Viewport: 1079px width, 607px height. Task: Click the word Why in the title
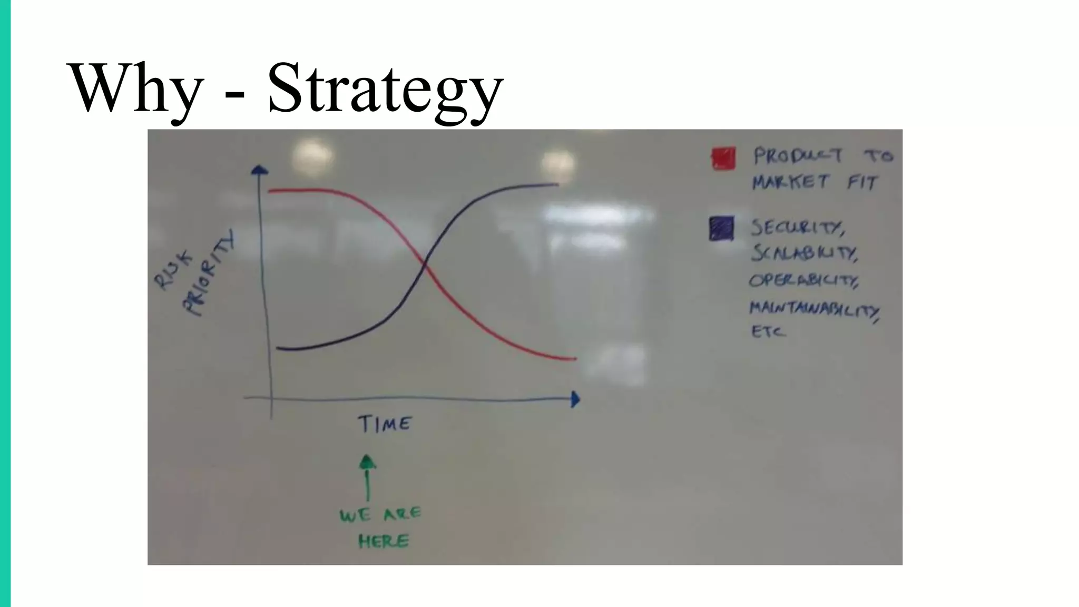(x=136, y=88)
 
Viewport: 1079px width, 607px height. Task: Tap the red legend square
(x=723, y=158)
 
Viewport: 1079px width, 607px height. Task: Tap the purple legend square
(x=721, y=229)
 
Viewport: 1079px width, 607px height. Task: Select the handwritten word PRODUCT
(x=798, y=156)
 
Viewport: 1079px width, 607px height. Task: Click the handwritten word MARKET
(x=790, y=182)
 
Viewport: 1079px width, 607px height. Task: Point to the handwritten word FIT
(x=862, y=183)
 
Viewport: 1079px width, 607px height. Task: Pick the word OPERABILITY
(x=804, y=280)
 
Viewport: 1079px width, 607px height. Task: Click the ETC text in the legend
(x=768, y=332)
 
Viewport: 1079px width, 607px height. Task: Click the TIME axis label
(x=385, y=424)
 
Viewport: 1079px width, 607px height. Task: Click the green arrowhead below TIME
(x=367, y=462)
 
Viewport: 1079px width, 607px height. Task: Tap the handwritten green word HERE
(x=383, y=541)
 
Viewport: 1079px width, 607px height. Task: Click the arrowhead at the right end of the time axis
(x=575, y=399)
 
